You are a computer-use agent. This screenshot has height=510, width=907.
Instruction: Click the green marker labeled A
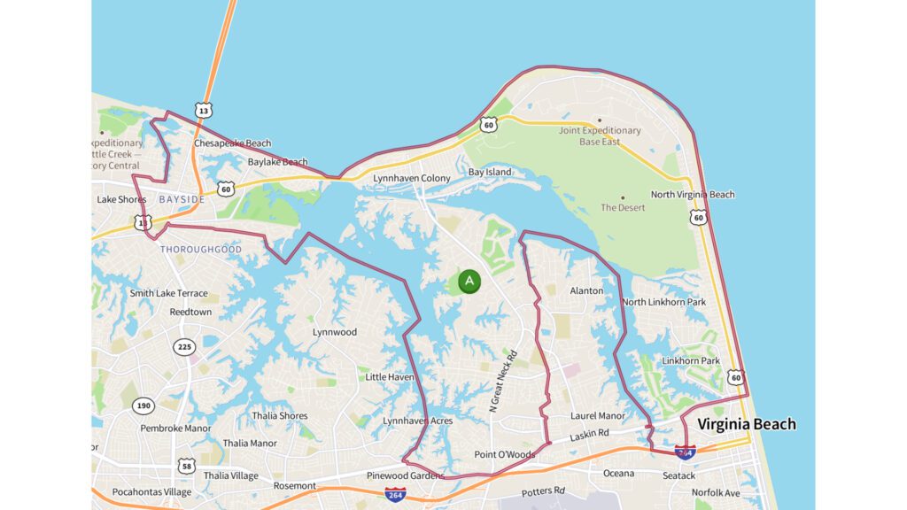click(469, 282)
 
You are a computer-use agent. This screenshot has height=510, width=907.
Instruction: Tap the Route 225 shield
click(184, 347)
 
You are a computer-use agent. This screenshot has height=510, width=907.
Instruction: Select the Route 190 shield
click(143, 406)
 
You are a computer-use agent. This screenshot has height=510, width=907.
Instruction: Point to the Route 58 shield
click(186, 466)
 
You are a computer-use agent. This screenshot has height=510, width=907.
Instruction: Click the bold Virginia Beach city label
click(746, 424)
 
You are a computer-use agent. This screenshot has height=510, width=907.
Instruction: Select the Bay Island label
click(490, 172)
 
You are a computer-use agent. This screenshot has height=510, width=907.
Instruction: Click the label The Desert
click(623, 207)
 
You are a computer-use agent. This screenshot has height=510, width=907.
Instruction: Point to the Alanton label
click(586, 290)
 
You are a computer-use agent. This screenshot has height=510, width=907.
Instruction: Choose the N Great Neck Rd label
click(501, 381)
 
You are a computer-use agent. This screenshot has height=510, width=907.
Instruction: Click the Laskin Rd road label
click(590, 434)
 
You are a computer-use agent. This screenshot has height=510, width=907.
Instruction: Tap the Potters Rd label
click(543, 491)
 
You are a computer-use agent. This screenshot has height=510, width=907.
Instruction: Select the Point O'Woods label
click(504, 454)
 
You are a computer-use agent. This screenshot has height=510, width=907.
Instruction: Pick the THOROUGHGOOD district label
click(200, 250)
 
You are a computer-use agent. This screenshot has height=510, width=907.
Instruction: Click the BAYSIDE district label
click(182, 200)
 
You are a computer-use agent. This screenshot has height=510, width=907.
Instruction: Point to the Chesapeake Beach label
click(233, 143)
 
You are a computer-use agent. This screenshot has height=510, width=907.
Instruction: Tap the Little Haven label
click(390, 377)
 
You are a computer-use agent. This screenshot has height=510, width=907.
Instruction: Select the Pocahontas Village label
click(151, 491)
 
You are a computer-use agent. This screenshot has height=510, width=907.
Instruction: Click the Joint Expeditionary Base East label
click(600, 136)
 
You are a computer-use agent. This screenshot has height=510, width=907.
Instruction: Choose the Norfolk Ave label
click(716, 492)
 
